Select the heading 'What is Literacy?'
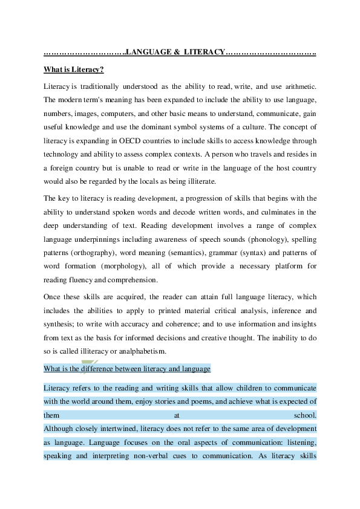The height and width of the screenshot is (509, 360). tap(74, 70)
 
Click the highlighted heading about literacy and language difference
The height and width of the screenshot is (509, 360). tap(127, 368)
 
